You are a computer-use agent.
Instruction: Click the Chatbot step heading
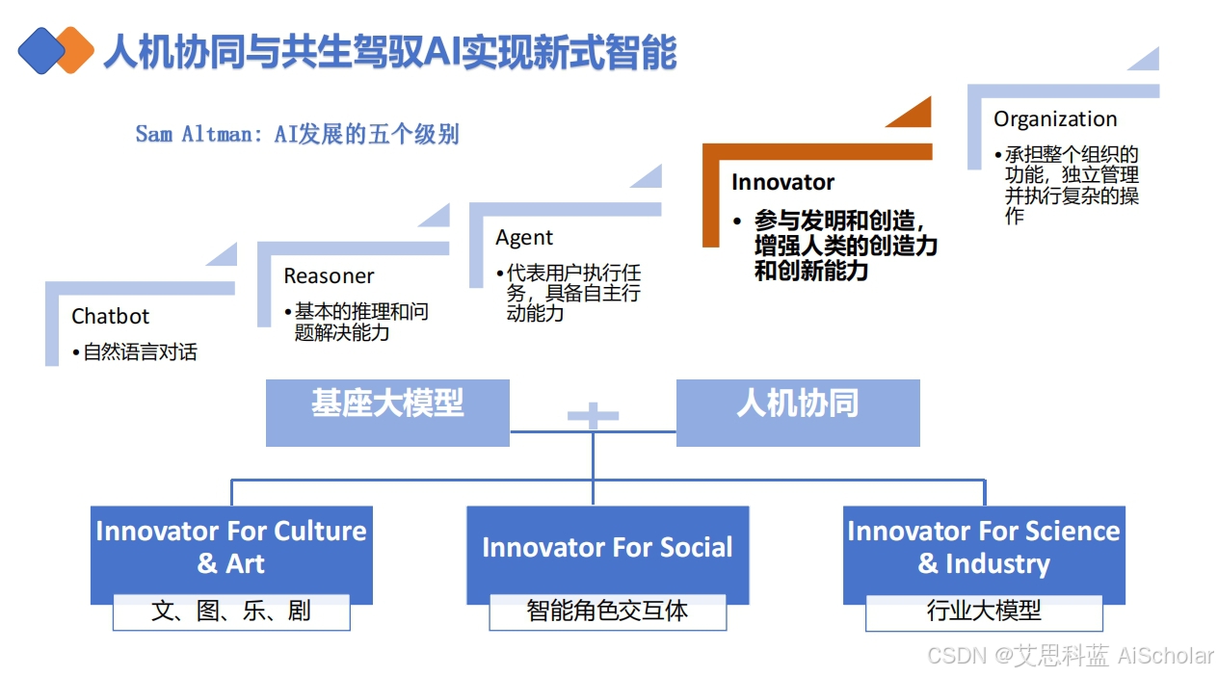point(111,316)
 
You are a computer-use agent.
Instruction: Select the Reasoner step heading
point(329,276)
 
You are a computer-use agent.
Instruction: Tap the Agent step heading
point(524,237)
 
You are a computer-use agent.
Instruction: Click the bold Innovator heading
point(782,182)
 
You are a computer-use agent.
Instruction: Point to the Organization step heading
point(1055,119)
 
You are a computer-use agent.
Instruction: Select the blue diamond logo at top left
point(40,50)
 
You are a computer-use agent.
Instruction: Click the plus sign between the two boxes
point(593,416)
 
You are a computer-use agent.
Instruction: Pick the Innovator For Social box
point(607,549)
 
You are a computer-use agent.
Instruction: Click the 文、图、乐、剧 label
point(231,611)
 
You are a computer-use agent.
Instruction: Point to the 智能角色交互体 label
point(607,611)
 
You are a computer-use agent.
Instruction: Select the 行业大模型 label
point(984,611)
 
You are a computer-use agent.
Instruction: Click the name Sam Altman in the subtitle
point(194,134)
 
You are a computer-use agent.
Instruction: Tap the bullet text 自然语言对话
point(140,352)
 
